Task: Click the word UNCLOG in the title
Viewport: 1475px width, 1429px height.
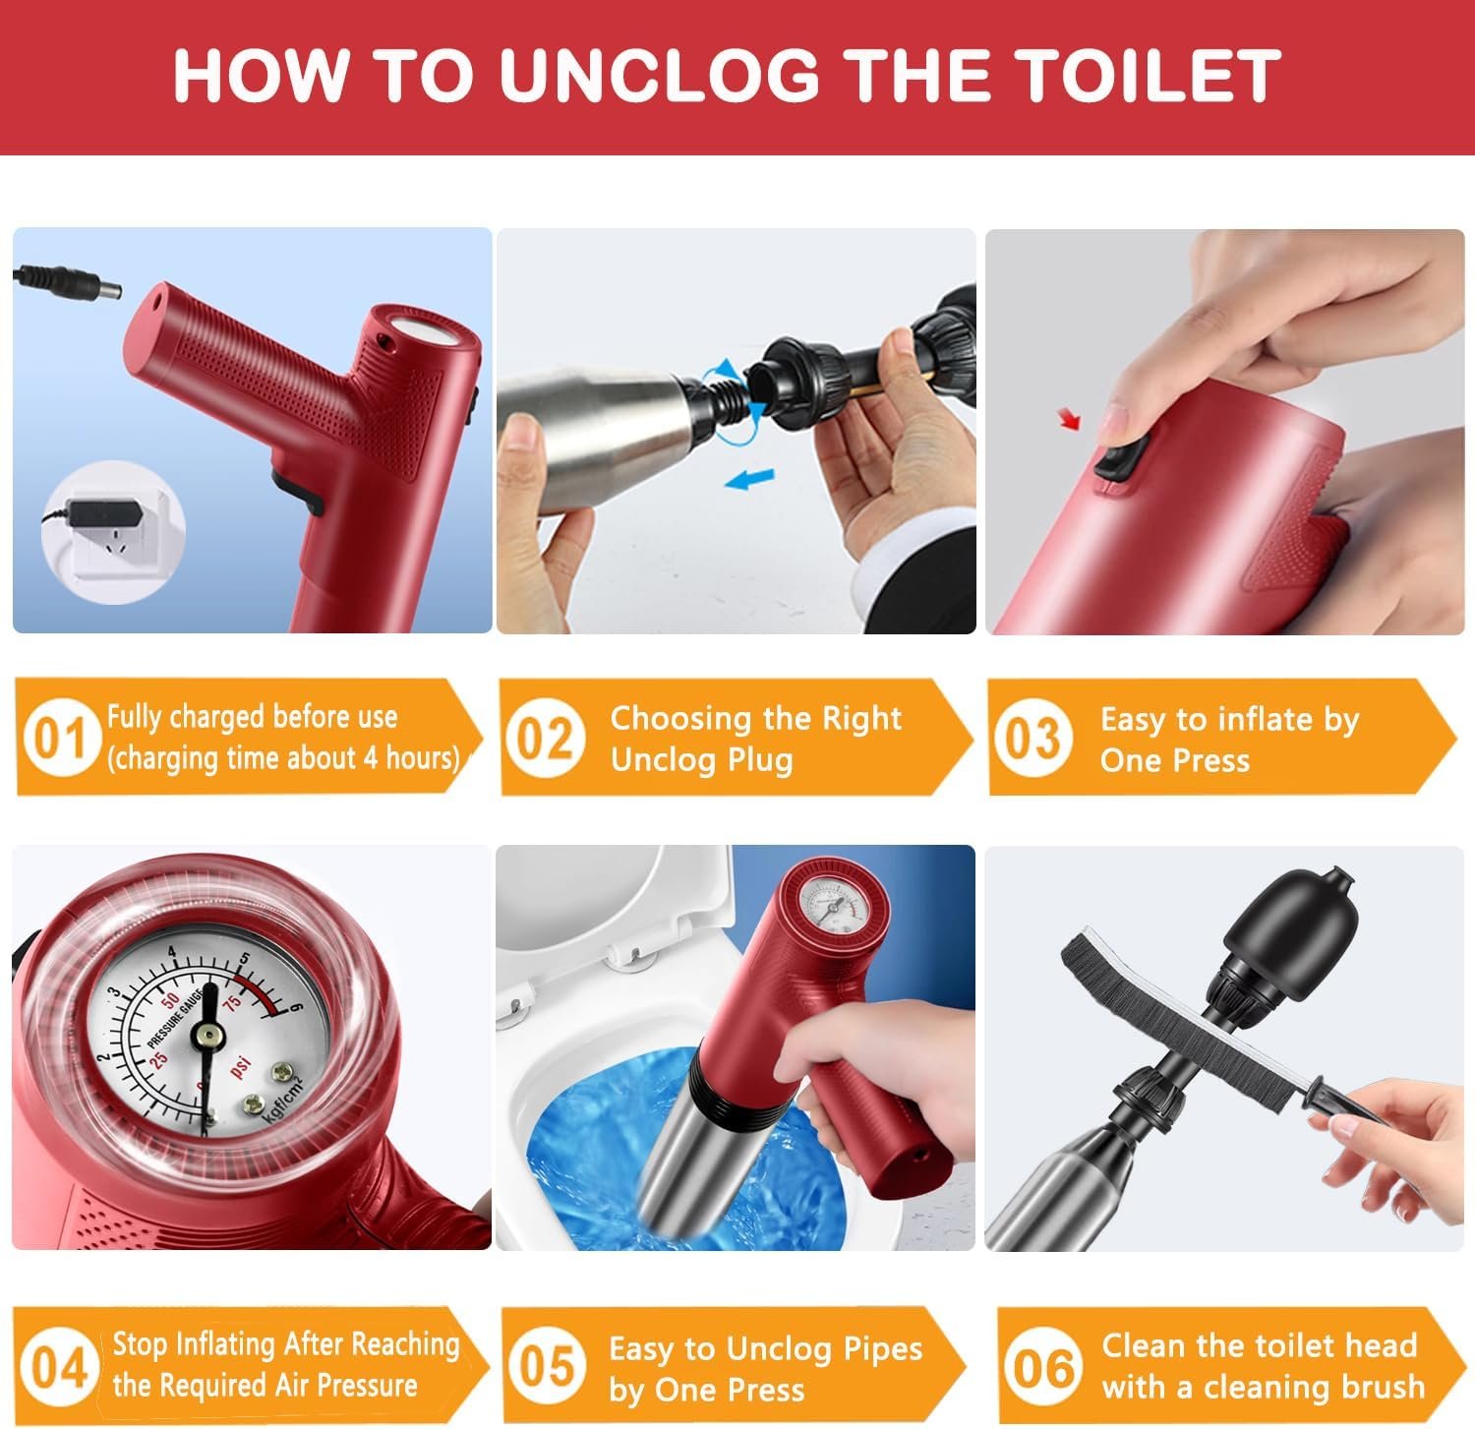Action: (659, 75)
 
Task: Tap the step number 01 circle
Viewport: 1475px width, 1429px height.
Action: (60, 738)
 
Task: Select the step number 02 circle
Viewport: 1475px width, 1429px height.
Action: (545, 738)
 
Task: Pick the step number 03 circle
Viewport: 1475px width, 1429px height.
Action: (1032, 738)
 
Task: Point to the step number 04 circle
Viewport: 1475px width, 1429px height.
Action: (59, 1367)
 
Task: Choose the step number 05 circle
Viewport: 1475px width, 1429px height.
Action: (546, 1367)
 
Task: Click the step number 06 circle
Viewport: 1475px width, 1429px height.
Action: (1042, 1367)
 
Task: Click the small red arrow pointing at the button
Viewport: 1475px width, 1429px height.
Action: (1069, 420)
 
